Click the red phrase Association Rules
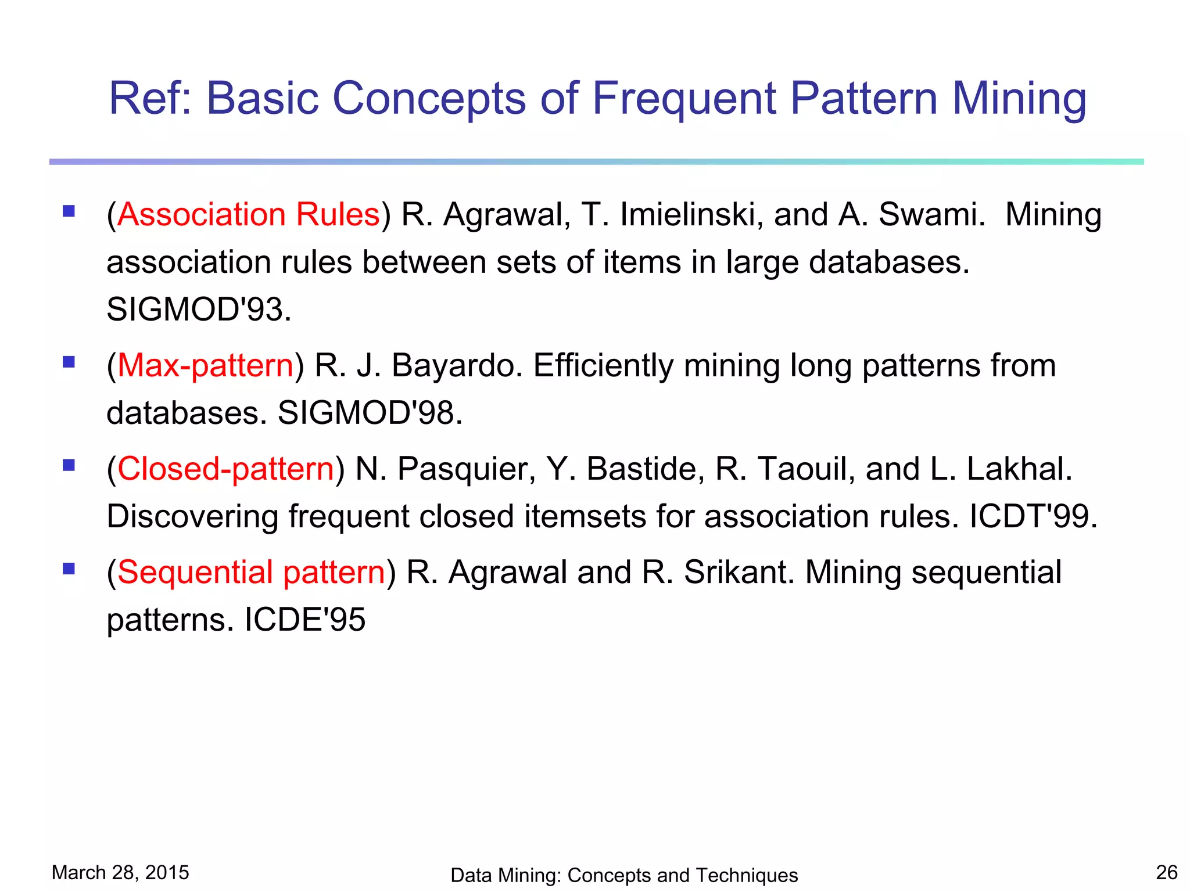point(248,214)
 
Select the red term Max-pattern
point(205,366)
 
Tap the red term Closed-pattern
point(225,469)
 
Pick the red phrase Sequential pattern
point(251,572)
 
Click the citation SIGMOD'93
point(198,310)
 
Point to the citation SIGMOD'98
point(370,413)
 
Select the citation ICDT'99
point(1033,516)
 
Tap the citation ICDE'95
point(304,620)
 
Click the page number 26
point(1166,872)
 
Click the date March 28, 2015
point(120,872)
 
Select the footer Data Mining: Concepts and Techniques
point(623,875)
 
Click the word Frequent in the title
point(683,99)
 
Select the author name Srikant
point(738,572)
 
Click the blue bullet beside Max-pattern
point(69,362)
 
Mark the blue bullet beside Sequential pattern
point(69,569)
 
